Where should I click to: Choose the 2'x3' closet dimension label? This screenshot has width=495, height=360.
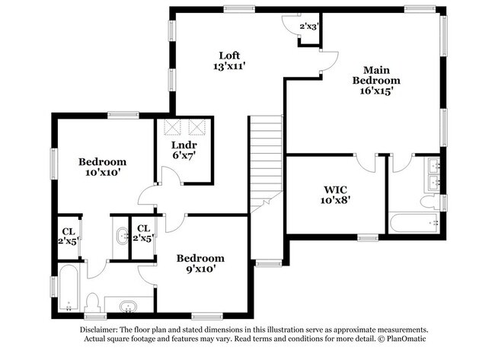click(x=308, y=27)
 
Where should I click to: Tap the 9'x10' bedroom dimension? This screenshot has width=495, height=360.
click(x=200, y=269)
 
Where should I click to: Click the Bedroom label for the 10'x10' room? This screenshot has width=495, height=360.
click(x=103, y=161)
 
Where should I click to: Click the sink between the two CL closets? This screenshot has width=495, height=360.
click(x=121, y=237)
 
